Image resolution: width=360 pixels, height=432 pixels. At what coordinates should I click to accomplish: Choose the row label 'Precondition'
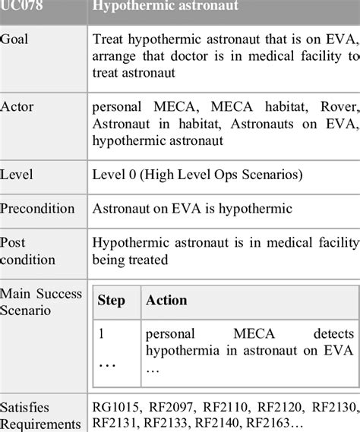(38, 209)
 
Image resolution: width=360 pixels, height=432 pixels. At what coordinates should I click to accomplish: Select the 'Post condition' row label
(28, 251)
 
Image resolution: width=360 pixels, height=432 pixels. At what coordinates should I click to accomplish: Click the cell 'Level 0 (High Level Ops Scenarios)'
(197, 175)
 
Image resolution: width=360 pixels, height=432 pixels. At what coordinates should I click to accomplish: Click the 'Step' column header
(112, 300)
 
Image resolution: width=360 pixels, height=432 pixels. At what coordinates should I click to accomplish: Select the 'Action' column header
(166, 300)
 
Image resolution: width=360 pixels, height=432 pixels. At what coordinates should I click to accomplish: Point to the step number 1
(102, 333)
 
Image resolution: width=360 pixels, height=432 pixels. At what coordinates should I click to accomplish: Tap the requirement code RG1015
(115, 408)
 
